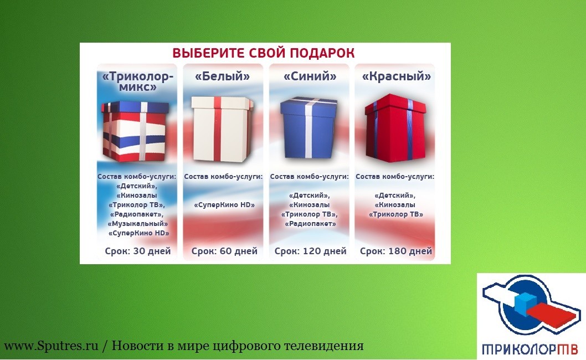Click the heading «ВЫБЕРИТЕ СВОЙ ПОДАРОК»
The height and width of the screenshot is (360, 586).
point(264,53)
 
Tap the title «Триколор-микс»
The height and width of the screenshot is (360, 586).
point(138,82)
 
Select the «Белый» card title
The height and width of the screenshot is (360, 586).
point(223,76)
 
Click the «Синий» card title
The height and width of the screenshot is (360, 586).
point(310,76)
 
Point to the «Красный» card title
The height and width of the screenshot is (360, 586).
point(397,76)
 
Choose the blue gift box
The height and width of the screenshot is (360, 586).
point(309,127)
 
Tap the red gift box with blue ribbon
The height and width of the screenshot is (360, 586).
point(395,128)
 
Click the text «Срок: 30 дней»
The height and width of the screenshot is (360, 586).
point(138,251)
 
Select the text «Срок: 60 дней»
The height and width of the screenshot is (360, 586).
point(225,251)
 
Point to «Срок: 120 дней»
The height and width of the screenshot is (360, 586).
point(311,251)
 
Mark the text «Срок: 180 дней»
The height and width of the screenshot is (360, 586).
point(396,251)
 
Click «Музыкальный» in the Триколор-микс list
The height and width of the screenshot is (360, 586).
point(137,224)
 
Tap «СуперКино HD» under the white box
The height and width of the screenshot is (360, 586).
point(224,205)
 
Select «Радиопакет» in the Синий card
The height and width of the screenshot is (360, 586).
point(310,224)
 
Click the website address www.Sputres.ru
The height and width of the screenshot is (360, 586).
point(51,346)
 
